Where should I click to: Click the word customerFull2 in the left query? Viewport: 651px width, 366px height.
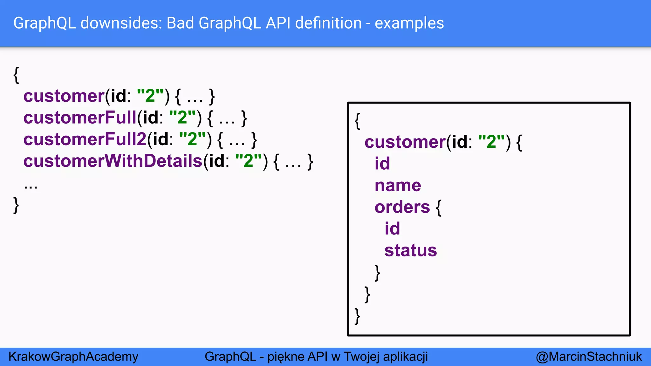[85, 139]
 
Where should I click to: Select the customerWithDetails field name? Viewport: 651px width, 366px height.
[113, 161]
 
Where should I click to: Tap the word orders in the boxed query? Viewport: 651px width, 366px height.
[402, 207]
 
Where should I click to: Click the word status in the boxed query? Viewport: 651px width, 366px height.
[411, 250]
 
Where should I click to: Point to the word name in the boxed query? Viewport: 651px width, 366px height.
[398, 186]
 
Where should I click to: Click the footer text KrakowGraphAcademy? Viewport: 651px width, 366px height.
[73, 356]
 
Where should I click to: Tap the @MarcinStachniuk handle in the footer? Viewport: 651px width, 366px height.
[589, 356]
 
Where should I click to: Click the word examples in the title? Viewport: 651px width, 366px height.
[409, 23]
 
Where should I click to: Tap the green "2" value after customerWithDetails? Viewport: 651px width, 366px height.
[249, 161]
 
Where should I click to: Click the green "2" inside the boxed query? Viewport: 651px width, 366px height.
[491, 142]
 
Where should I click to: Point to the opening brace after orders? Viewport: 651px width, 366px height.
[439, 208]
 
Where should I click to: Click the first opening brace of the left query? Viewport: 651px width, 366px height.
[16, 75]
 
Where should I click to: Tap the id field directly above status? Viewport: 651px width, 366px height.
[392, 229]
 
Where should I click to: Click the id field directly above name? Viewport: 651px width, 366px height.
[382, 164]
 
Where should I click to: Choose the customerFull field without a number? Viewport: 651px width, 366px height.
[80, 118]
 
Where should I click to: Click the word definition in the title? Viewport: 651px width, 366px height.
[328, 23]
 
